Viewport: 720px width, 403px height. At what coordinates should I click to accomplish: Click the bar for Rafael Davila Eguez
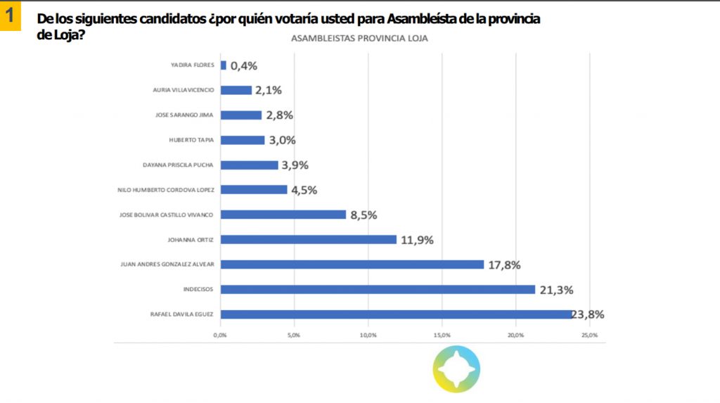[397, 314]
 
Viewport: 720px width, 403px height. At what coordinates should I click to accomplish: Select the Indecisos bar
[378, 289]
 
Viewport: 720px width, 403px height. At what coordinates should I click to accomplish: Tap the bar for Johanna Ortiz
[309, 239]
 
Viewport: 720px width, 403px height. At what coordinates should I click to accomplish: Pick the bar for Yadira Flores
[224, 65]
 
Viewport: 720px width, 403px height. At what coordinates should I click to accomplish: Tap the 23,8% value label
[590, 314]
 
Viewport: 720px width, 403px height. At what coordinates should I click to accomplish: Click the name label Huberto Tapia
[191, 140]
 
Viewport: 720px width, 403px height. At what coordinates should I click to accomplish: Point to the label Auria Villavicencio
[183, 90]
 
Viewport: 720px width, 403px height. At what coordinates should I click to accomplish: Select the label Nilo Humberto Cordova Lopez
[167, 190]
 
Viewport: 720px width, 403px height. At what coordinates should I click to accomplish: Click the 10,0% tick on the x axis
[368, 335]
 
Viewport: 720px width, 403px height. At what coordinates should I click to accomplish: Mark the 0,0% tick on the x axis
[220, 335]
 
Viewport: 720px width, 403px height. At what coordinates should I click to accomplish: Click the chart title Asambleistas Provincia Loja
[359, 39]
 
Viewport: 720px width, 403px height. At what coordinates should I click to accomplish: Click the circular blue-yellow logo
[456, 369]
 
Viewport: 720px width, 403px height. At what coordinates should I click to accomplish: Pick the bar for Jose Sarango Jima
[241, 115]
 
